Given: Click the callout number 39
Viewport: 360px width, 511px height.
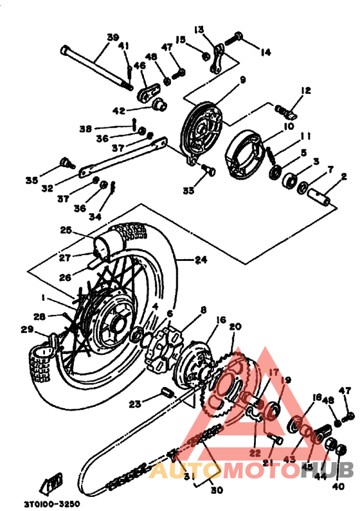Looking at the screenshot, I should (x=113, y=37).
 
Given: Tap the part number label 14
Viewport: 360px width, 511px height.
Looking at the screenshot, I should (x=265, y=53).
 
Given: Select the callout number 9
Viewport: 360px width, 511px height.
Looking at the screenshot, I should (x=243, y=80).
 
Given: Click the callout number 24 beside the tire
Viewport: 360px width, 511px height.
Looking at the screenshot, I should (x=201, y=260).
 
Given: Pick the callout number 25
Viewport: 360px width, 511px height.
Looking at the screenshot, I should (x=66, y=230).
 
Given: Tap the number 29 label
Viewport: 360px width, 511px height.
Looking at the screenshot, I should (x=26, y=330).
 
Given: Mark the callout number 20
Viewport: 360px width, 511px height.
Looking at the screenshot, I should (x=235, y=327).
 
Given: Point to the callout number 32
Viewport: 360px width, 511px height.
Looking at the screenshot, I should (x=65, y=189).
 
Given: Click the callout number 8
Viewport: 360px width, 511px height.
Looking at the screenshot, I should (x=203, y=310).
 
